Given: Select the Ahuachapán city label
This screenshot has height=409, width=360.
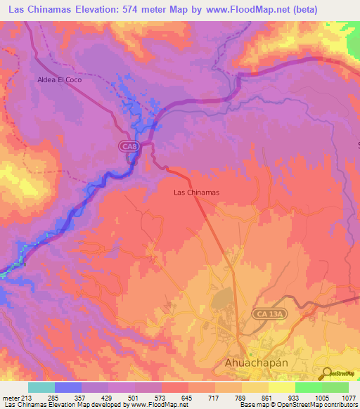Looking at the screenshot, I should pos(261,363).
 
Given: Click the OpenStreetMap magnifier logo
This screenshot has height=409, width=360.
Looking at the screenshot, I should pos(327,373).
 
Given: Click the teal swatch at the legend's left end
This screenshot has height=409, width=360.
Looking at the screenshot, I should pos(41,387).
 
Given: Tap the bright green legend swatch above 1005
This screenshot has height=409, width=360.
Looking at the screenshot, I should pos(308,387).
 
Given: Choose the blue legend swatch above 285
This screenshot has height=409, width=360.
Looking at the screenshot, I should pos(67,387).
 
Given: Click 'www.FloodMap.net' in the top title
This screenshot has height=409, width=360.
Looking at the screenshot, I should pos(231,10).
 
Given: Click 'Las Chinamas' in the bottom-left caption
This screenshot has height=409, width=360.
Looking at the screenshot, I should pos(21,404).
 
